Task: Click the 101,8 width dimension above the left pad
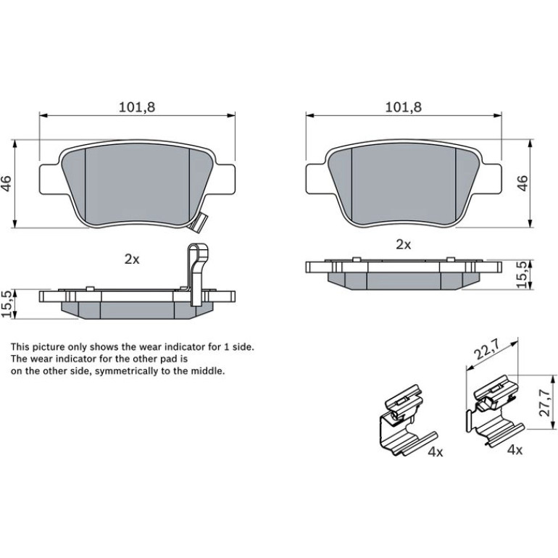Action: click(137, 107)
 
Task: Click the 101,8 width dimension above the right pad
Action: click(404, 107)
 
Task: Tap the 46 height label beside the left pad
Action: click(7, 183)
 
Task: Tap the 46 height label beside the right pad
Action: click(522, 183)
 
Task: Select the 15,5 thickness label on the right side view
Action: click(523, 274)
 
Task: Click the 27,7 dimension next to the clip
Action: click(545, 402)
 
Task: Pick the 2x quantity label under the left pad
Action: click(132, 259)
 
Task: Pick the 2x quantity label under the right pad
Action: click(404, 244)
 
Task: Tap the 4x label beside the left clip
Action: click(436, 452)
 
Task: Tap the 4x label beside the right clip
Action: click(515, 450)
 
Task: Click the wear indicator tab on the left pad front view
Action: click(199, 223)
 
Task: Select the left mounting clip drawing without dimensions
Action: click(406, 420)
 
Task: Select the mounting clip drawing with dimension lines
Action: click(496, 411)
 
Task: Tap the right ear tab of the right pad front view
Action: click(491, 179)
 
